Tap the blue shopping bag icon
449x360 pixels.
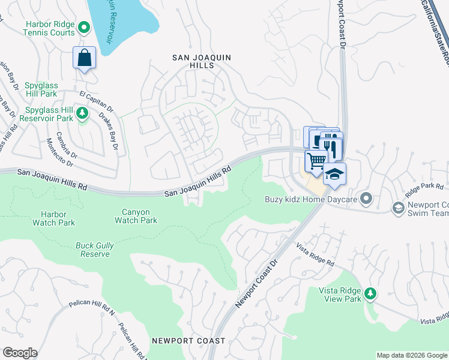(85, 58)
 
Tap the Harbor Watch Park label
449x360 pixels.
(58, 218)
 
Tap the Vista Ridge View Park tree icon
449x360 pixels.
(372, 293)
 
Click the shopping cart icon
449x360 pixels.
(316, 161)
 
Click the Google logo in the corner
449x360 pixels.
(20, 353)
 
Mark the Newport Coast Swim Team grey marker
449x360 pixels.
(397, 208)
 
